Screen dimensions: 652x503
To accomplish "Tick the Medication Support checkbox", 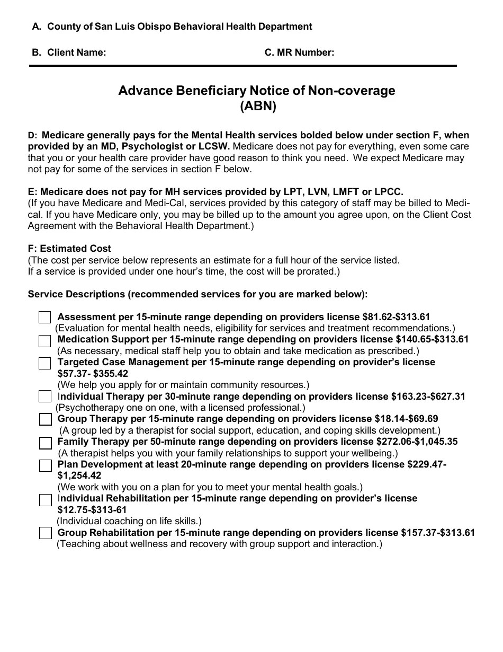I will (45, 341).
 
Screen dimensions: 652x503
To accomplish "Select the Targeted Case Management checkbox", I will (45, 363).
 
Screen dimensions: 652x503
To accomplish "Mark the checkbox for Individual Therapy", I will (45, 397).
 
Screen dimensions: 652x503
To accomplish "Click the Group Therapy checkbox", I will (45, 419).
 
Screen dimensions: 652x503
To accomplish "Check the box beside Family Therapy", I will (45, 442).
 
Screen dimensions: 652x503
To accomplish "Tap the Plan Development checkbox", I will (45, 465).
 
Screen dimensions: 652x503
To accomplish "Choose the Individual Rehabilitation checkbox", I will (45, 499).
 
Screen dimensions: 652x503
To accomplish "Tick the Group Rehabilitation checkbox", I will (45, 533).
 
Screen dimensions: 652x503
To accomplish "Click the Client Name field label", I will (76, 52).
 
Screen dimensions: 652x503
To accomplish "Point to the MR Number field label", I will (299, 52).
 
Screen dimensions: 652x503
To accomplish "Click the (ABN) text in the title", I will (258, 106).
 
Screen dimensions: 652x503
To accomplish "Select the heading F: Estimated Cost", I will (69, 249).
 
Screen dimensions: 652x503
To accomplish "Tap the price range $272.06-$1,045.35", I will (417, 442).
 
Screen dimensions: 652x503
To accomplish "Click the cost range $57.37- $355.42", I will (93, 373).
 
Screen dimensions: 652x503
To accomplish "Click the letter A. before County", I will (37, 27).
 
